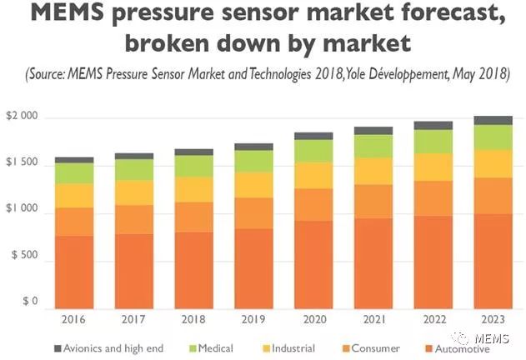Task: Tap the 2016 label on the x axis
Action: pos(73,318)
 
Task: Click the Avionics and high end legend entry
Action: pos(112,348)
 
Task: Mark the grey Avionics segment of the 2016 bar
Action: pos(73,159)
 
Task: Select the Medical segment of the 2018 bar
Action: pos(193,166)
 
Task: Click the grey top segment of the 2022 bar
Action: pos(432,125)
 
